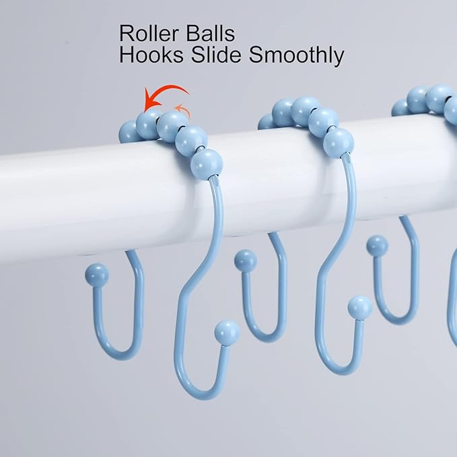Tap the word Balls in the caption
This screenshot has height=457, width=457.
(x=211, y=34)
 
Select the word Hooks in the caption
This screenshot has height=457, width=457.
(x=151, y=55)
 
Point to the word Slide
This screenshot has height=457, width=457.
(x=216, y=55)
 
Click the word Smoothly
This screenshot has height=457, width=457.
(x=296, y=56)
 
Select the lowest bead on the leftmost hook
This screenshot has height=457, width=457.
(x=207, y=164)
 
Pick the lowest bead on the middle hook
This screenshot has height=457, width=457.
(x=339, y=143)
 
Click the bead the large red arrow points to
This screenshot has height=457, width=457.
(x=148, y=125)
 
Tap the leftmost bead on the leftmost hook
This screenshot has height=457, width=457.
(x=128, y=132)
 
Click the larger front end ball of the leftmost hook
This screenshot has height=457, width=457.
(x=227, y=333)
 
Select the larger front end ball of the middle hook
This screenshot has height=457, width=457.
(x=360, y=308)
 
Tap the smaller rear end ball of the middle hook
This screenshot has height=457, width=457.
(x=246, y=260)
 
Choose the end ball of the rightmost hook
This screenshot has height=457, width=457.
(x=377, y=246)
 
